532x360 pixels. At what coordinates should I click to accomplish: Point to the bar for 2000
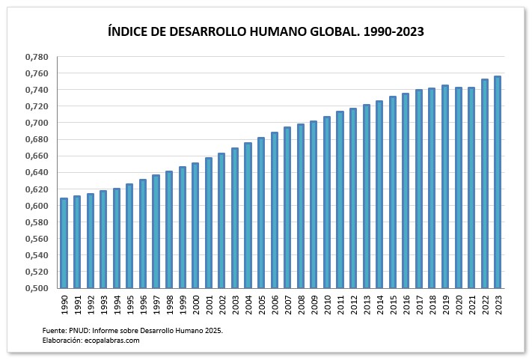(195, 225)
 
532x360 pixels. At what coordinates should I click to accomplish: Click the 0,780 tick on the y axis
(37, 57)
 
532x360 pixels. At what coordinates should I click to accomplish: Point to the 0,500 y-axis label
(37, 288)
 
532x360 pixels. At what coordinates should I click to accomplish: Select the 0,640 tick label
(37, 172)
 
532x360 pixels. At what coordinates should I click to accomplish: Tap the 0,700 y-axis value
(37, 123)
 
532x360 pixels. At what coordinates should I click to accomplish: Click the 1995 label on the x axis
(130, 302)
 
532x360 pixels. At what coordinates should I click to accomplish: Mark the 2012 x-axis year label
(353, 302)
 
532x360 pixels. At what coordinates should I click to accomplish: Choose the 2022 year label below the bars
(485, 302)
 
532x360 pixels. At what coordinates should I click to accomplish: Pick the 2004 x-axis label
(248, 302)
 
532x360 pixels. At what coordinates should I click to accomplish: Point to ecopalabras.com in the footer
(111, 341)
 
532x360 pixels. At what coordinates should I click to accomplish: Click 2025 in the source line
(213, 330)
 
